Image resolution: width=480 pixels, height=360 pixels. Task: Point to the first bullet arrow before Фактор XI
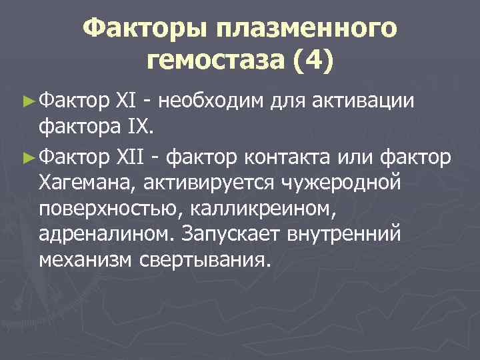click(27, 101)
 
